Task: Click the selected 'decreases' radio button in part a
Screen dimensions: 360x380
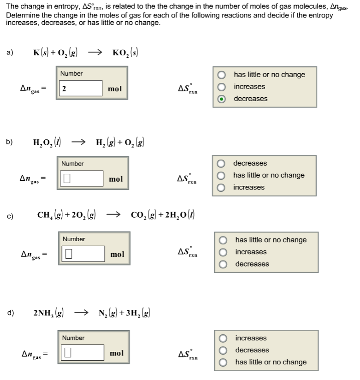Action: click(x=222, y=99)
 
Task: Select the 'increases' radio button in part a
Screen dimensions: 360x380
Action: click(x=222, y=87)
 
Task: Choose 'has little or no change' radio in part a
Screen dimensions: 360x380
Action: click(x=222, y=75)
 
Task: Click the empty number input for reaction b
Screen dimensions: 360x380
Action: click(x=81, y=178)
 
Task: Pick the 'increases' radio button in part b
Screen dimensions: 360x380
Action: click(x=222, y=188)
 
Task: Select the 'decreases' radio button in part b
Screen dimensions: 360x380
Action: click(x=222, y=164)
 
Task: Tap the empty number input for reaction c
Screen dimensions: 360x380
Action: click(x=83, y=254)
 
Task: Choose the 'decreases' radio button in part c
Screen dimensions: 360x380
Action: click(x=224, y=264)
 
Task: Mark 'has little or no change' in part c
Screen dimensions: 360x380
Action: click(x=224, y=240)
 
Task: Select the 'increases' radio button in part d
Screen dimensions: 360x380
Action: click(x=224, y=338)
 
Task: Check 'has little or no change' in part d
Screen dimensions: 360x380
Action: click(x=224, y=362)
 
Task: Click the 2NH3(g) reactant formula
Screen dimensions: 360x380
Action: click(x=48, y=313)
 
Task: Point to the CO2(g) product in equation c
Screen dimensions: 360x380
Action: click(x=146, y=214)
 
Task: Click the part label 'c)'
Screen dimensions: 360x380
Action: click(x=10, y=215)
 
